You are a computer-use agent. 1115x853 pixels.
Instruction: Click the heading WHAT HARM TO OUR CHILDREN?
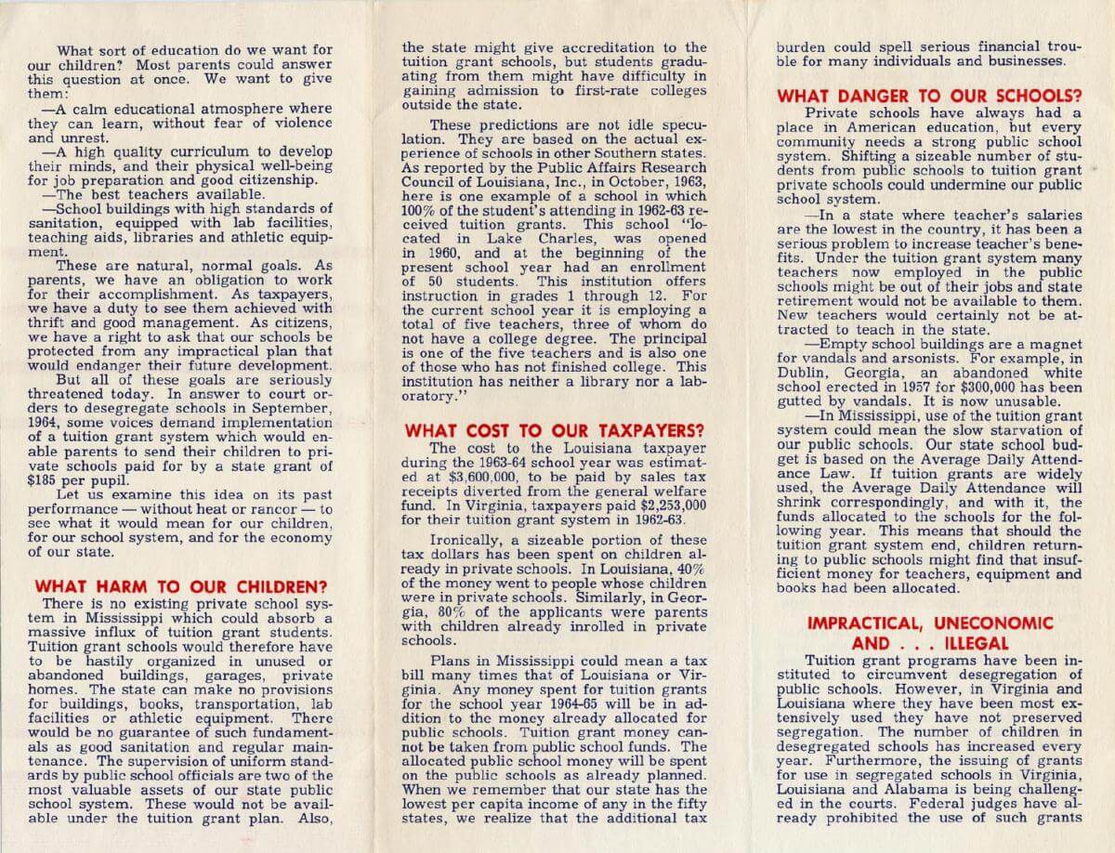click(180, 586)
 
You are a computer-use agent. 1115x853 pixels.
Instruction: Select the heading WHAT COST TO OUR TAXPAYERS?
click(555, 430)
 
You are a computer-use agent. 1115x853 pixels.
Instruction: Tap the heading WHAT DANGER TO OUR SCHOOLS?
click(929, 96)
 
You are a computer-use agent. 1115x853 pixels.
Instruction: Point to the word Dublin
click(800, 374)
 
